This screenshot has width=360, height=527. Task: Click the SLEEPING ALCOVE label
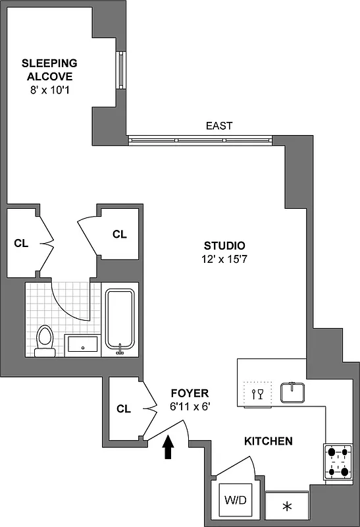49,70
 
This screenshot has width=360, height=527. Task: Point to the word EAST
219,125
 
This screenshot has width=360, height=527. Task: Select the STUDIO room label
224,244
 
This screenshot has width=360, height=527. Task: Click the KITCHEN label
269,441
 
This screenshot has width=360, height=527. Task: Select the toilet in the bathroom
45,340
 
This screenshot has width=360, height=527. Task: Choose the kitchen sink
292,392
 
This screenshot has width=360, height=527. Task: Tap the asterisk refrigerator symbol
286,507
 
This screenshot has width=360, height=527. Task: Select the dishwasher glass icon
257,394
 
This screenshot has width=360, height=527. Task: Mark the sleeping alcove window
120,69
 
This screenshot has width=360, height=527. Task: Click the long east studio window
199,139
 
